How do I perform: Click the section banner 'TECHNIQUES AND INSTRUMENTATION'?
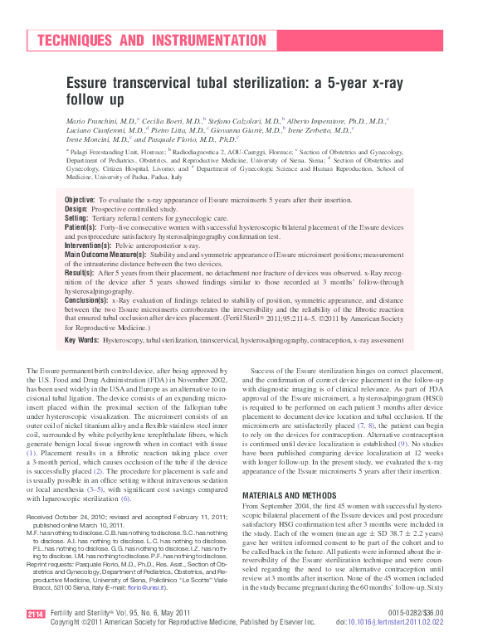[151, 41]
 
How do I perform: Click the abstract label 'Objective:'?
[80, 201]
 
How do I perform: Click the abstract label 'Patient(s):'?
[80, 227]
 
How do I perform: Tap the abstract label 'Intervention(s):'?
[88, 246]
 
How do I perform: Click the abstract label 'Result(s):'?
[80, 272]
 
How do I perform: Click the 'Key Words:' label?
[82, 339]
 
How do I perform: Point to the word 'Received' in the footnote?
[41, 515]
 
